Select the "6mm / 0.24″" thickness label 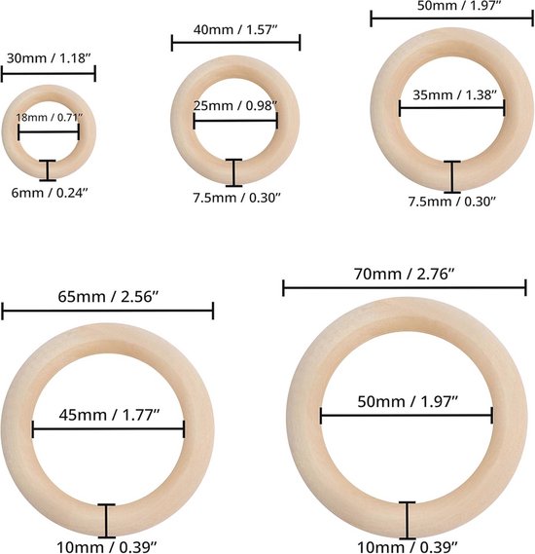coord(48,192)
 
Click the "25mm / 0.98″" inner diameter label coord(235,104)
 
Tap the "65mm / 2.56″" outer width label coord(107,291)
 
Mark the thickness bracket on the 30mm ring coord(48,169)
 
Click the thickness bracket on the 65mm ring coord(107,519)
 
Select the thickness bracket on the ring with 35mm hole coord(451,176)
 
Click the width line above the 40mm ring coord(235,42)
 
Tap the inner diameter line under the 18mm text coord(49,131)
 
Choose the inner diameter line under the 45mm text coord(109,429)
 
